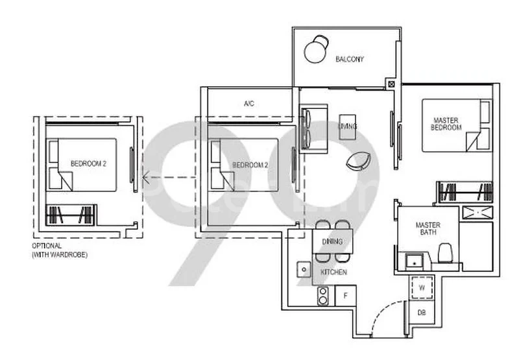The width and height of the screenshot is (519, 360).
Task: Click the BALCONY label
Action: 350,60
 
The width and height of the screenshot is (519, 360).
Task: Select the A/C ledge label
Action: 248,104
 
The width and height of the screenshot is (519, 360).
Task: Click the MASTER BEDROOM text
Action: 446,123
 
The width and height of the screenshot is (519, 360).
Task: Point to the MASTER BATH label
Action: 428,229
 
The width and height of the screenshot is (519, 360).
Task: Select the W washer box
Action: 421,287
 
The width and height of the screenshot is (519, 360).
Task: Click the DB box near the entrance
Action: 422,312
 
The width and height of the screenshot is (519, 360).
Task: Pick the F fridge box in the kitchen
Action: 346,296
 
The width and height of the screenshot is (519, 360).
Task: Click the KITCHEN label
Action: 332,272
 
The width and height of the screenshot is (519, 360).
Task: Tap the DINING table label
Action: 332,242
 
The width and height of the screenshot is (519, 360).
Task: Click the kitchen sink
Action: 303,268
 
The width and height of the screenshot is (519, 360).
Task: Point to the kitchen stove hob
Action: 322,296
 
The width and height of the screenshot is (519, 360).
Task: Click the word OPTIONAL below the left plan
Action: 47,246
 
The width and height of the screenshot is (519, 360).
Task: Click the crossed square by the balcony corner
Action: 391,83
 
